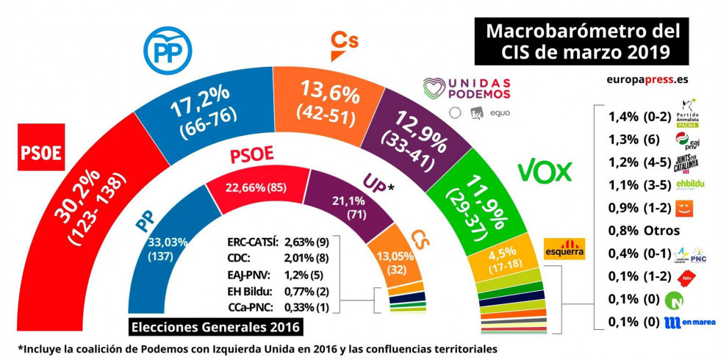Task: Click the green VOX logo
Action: [545, 171]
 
